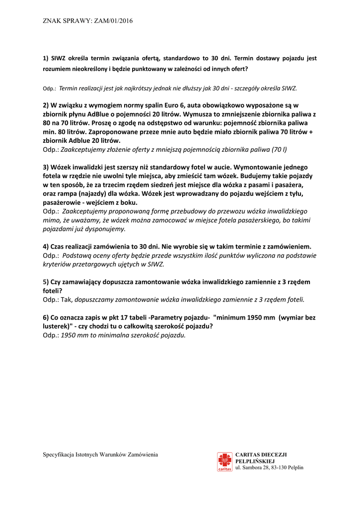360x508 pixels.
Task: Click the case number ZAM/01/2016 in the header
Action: (x=113, y=21)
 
